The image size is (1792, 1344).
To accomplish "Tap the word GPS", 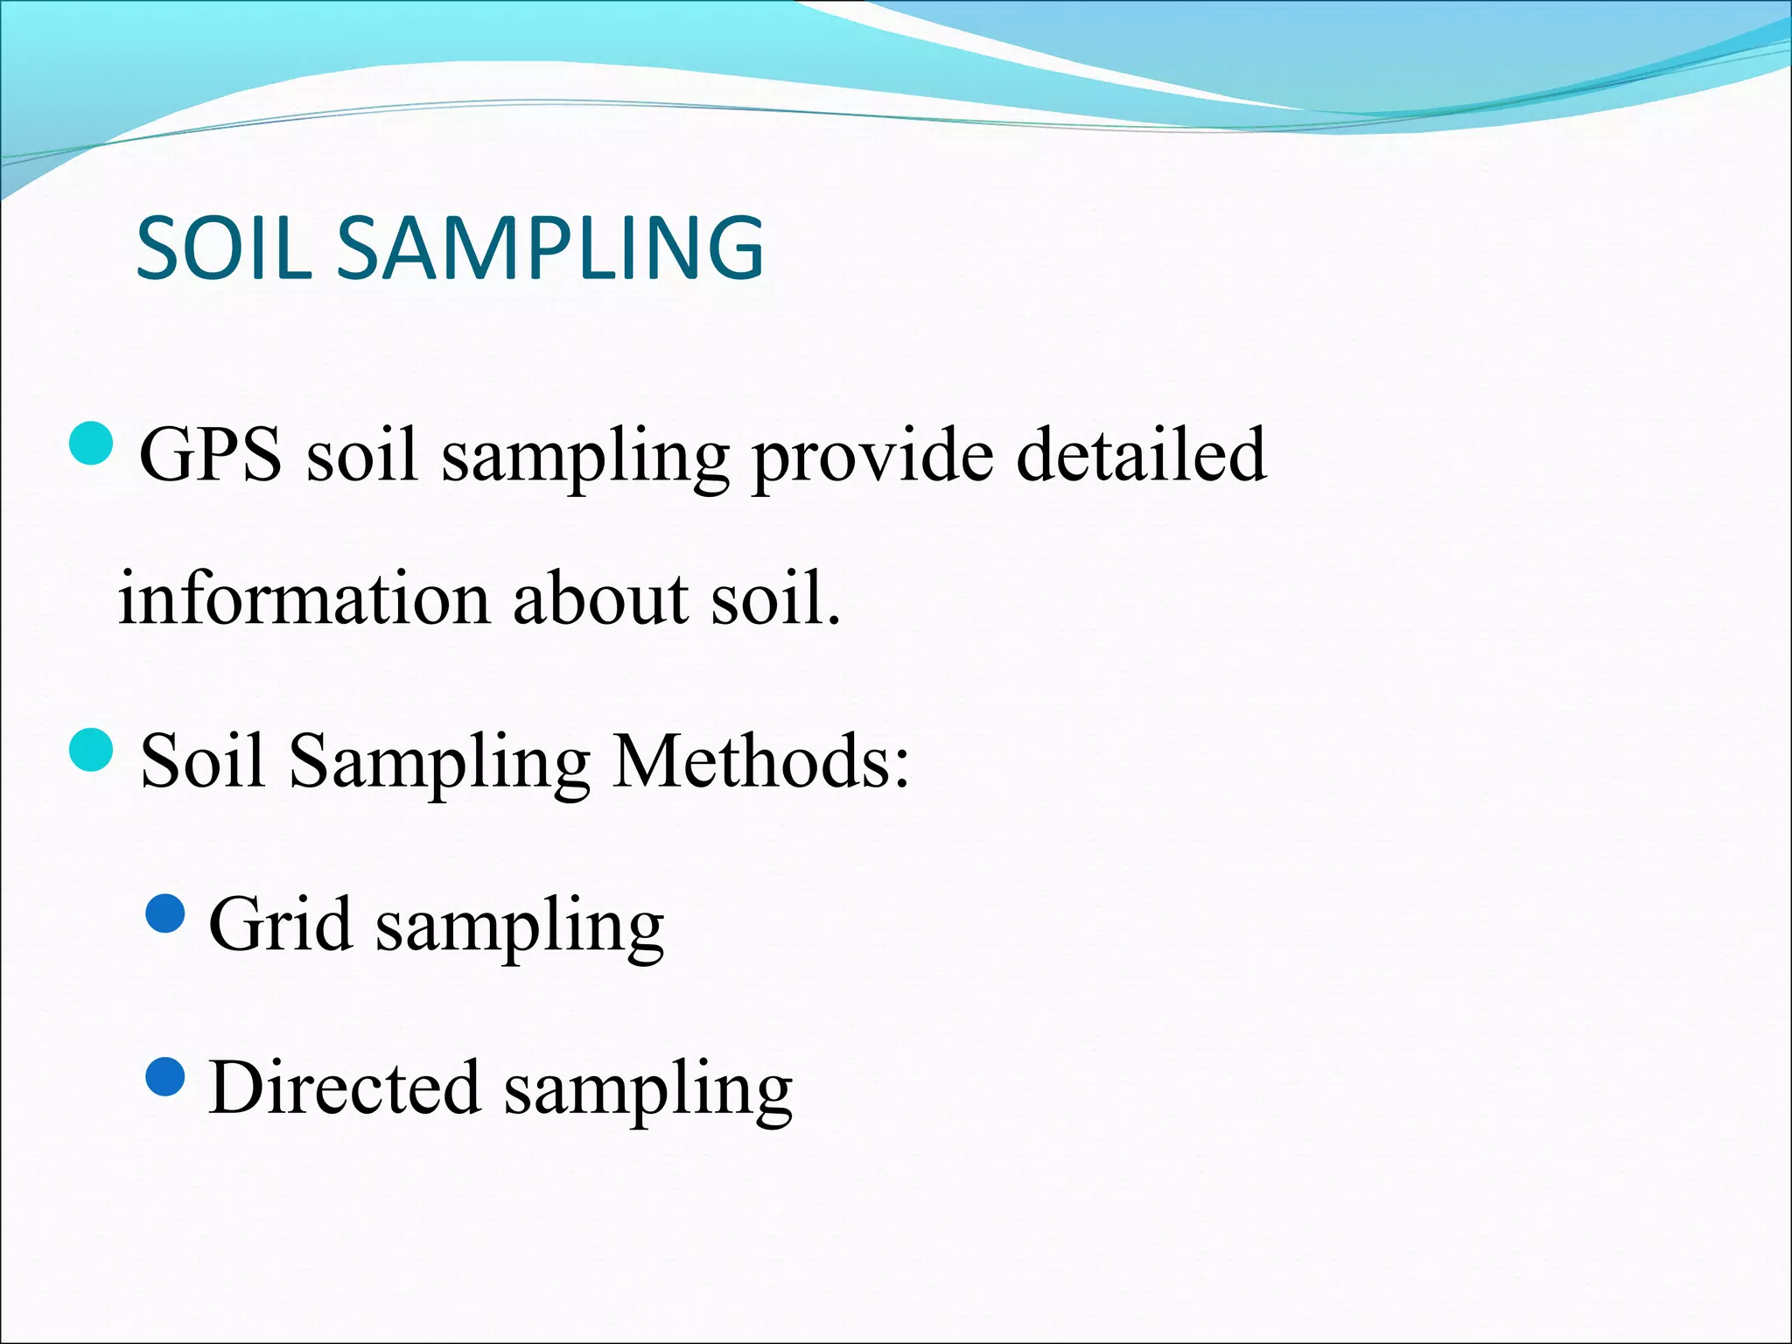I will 211,455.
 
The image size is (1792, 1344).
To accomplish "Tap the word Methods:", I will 760,759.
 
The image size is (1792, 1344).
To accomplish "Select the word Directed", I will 345,1087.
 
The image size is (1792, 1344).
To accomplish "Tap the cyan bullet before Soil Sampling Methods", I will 91,750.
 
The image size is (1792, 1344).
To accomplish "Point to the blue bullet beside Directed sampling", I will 164,1077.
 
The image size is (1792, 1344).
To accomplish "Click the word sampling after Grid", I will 520,927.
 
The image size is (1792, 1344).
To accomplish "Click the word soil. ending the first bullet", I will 775,598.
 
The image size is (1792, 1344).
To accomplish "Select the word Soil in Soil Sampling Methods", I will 202,759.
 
